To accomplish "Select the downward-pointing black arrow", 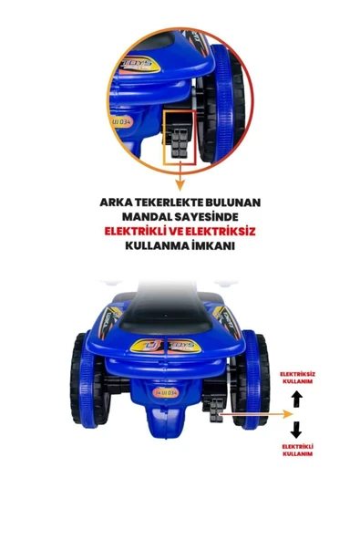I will (296, 429).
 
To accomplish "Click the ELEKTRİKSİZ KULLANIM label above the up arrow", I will (296, 378).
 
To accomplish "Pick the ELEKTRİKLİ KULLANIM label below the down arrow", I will (296, 449).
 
